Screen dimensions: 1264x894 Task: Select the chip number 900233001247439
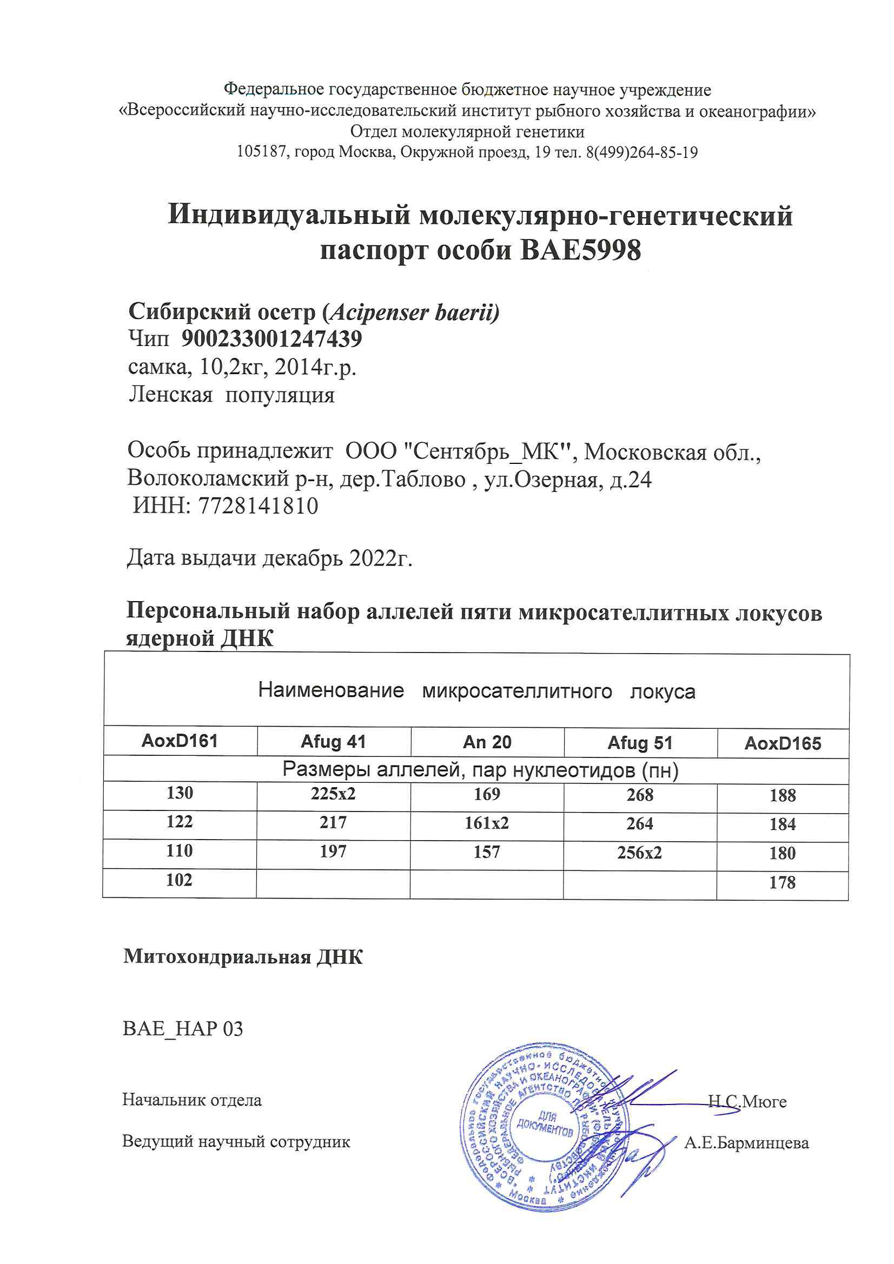click(271, 338)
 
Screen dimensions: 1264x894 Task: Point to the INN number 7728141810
click(258, 506)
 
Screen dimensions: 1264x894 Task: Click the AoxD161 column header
click(180, 741)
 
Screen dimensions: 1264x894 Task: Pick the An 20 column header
click(487, 742)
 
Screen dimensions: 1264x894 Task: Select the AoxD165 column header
click(782, 744)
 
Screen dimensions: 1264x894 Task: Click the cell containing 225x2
click(333, 793)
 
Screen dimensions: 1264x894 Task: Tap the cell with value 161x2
click(486, 822)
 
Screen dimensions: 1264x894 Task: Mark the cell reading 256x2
click(639, 852)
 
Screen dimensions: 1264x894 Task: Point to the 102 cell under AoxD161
click(180, 880)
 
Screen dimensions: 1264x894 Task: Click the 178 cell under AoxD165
click(782, 882)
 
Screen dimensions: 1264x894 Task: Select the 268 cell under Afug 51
click(639, 794)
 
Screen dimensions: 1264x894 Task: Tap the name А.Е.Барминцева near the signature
click(746, 1143)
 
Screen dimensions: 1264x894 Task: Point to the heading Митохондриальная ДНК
click(243, 956)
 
